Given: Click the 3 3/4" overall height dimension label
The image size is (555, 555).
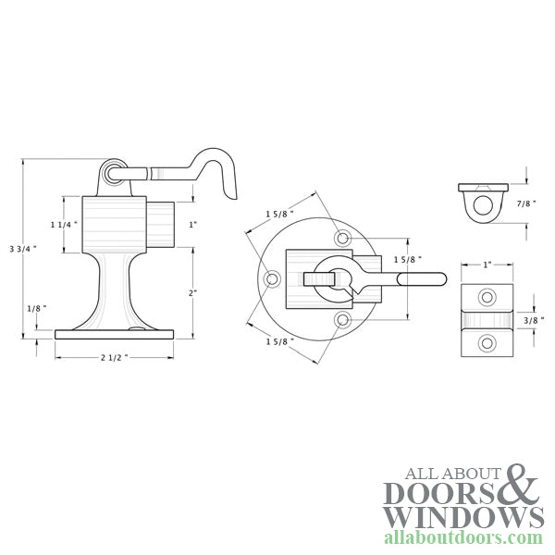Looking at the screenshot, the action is coord(23,249).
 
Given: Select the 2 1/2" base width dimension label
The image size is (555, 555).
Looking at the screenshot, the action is coord(114,357).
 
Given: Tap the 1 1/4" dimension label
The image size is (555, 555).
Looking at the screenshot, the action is coord(64,225).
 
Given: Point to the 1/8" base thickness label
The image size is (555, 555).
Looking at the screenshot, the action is coord(37,308).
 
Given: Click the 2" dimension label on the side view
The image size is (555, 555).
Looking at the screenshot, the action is coord(193,292).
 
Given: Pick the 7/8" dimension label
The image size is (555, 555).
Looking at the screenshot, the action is coord(526,203).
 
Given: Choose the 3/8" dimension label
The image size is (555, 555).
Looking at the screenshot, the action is coord(534,320).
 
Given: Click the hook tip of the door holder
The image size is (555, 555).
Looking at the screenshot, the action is coord(234,198).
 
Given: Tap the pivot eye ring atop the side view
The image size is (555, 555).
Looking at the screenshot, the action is coord(114,174).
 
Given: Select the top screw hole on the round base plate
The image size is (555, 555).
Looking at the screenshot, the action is coord(342,239).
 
